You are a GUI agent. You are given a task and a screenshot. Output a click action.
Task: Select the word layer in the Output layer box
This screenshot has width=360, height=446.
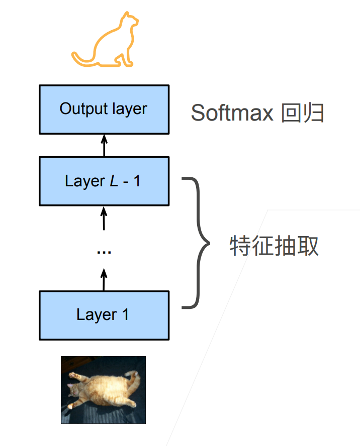point(129,109)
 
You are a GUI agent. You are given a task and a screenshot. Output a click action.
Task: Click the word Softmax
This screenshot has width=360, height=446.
point(232,114)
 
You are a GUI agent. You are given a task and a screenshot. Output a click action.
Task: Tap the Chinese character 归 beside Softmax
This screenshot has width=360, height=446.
point(315,114)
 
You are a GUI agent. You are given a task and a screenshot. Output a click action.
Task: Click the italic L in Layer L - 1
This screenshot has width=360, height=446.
point(114,181)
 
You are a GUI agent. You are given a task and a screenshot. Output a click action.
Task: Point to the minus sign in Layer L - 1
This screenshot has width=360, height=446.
point(126,182)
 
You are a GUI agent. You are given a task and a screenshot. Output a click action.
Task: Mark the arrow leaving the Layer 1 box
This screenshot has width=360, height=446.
point(104,280)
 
